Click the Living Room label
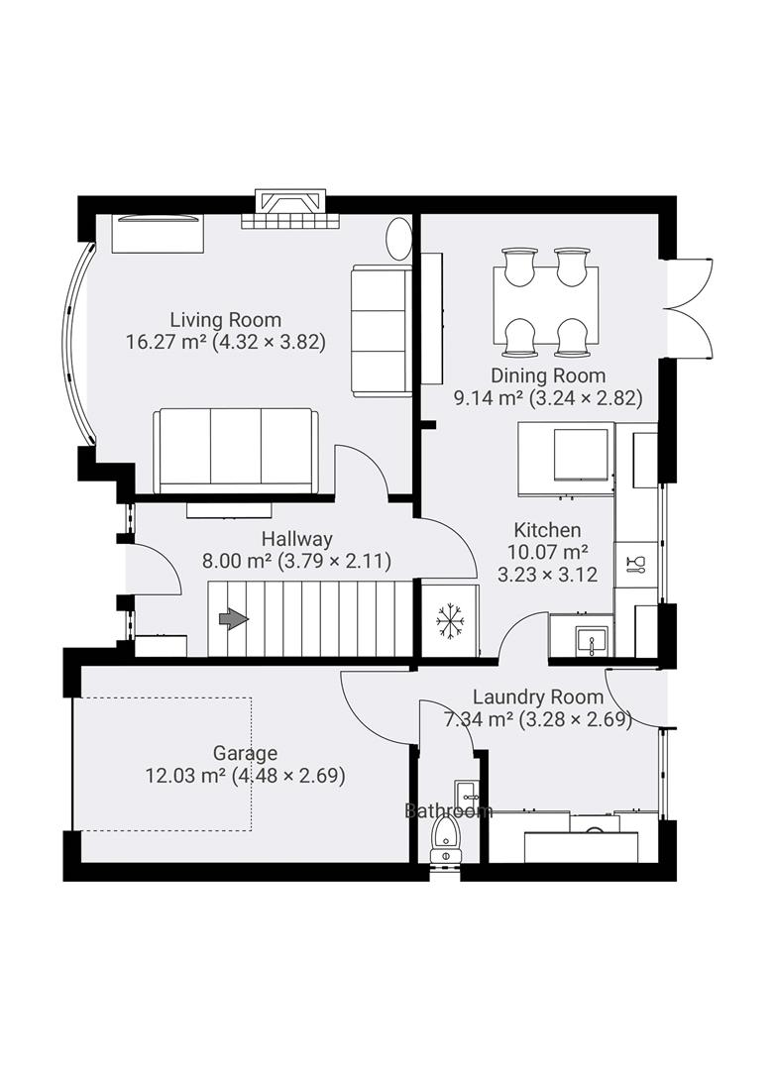click(x=225, y=320)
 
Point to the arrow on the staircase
click(x=233, y=619)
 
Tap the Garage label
click(x=245, y=753)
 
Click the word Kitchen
click(x=547, y=530)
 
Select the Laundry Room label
click(x=537, y=696)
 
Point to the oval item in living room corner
click(x=398, y=238)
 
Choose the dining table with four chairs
click(x=545, y=302)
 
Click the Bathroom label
click(x=448, y=811)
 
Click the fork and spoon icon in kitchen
click(x=635, y=564)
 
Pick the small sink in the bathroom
click(x=466, y=793)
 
